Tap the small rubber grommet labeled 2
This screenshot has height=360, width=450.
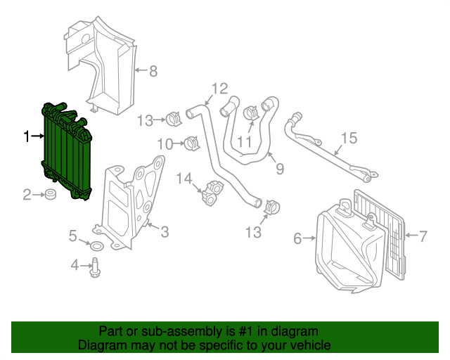[51, 194]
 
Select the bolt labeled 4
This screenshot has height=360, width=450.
[94, 265]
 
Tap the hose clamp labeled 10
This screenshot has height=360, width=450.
[190, 143]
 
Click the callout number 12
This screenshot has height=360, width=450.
[219, 89]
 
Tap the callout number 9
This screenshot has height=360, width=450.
[279, 169]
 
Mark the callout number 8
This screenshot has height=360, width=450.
[153, 70]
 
